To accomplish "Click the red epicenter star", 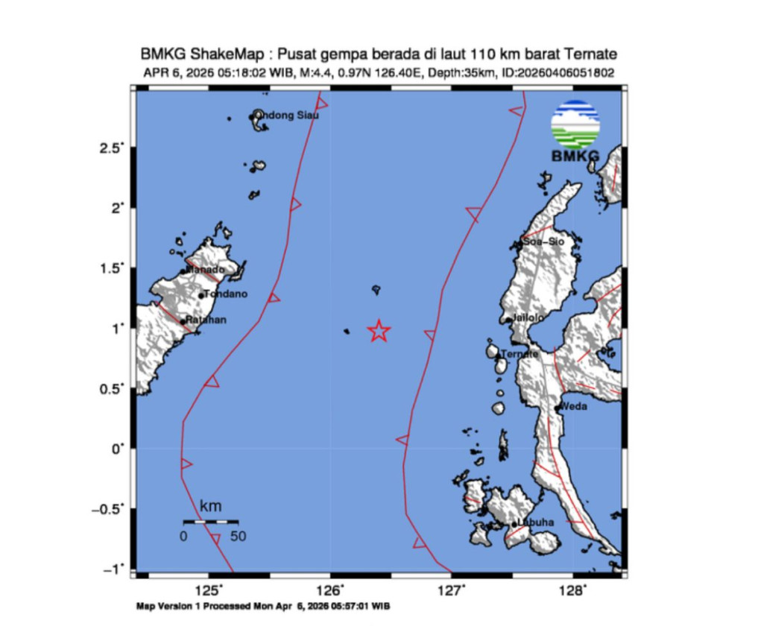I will pos(379,331).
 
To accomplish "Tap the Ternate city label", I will pos(519,354).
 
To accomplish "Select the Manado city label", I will pos(205,269).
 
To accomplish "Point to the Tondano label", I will pos(226,294).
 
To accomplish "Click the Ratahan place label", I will pos(206,320).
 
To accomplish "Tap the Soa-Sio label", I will pos(543,242).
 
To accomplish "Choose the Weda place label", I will pos(575,406).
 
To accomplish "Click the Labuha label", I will pos(536,522).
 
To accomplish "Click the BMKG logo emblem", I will pos(575,125).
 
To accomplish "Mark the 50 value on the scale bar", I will pos(238,536).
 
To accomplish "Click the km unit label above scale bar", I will pos(211,507).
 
